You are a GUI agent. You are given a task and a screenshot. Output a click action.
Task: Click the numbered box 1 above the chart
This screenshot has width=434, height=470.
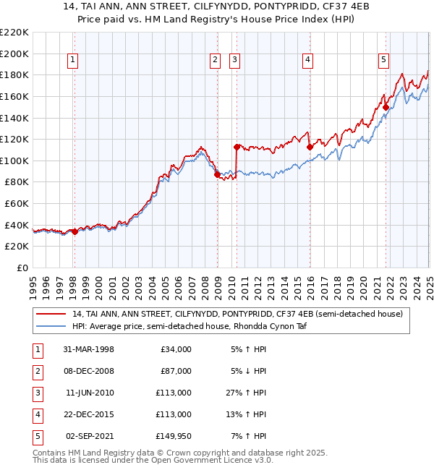(74, 60)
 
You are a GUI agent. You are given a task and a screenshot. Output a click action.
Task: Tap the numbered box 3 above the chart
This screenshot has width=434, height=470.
(235, 60)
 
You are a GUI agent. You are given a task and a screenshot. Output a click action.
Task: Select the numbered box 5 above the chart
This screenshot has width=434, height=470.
(383, 60)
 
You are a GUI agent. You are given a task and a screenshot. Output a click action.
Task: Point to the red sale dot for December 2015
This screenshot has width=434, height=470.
(310, 147)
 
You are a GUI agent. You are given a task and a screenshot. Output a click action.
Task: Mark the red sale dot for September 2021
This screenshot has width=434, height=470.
(386, 107)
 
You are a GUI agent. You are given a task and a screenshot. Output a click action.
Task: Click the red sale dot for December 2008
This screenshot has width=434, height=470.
(217, 174)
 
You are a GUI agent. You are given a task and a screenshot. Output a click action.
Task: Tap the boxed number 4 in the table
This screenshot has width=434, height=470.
(36, 414)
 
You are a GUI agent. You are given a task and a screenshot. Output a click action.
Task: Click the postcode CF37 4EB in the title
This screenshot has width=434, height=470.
(316, 8)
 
